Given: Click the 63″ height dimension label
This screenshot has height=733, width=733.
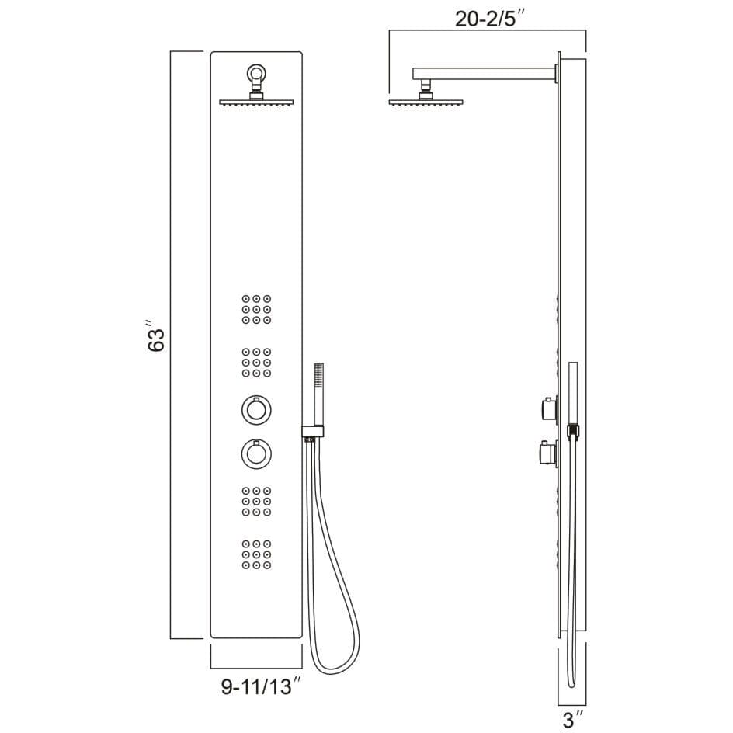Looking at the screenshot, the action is pos(156,336).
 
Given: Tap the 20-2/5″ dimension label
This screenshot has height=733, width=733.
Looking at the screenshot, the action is pos(491,19).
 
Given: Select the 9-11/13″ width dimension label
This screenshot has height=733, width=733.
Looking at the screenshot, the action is pos(260,686).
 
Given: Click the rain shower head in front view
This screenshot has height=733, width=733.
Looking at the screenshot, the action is pos(256,102).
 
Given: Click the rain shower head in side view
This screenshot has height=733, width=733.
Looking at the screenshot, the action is pos(426,102).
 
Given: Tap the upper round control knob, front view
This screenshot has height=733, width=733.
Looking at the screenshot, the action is pos(256,409).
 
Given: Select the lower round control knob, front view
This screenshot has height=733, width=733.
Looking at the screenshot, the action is pos(256,453).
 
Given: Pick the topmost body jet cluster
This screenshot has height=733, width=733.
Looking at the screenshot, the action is pos(256,309).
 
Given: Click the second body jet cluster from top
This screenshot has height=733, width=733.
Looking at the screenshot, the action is pos(256,363).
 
